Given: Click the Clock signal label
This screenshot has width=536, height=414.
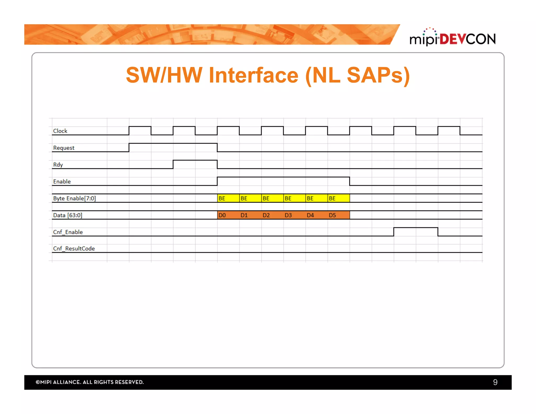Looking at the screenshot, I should [x=60, y=131].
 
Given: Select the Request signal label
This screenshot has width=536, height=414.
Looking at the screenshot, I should [x=64, y=148].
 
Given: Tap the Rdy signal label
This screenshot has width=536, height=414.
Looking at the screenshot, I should [x=58, y=165].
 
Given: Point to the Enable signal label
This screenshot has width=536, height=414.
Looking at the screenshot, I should [x=62, y=182].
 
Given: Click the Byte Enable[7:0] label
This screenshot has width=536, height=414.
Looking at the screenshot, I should [x=74, y=198].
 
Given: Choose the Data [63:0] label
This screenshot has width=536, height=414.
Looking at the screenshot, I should [x=68, y=215].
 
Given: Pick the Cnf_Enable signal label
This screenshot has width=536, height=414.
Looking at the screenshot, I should [x=68, y=232].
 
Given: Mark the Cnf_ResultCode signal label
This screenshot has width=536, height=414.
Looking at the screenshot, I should [x=74, y=249].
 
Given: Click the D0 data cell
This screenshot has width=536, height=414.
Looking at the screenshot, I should [x=228, y=215].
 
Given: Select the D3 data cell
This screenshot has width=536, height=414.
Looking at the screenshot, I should [x=294, y=215].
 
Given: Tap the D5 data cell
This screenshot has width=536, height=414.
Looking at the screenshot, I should [x=338, y=215].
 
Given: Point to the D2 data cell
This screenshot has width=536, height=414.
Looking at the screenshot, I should [x=272, y=215].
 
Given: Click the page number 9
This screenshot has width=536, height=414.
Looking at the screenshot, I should [x=495, y=382].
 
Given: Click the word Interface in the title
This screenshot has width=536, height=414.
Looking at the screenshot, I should [x=253, y=75].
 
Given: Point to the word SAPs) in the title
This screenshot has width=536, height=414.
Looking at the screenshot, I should [x=378, y=75].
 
